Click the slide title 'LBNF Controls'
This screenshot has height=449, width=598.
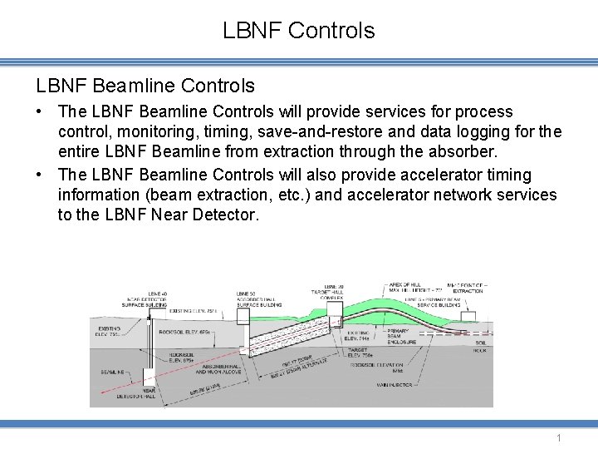click(x=299, y=32)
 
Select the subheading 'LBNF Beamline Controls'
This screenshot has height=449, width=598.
click(x=145, y=86)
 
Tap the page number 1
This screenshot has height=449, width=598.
click(x=560, y=437)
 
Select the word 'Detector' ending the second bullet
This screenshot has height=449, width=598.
click(x=225, y=215)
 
